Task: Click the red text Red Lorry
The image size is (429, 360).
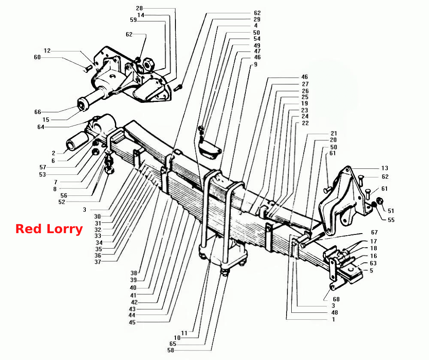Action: (49, 229)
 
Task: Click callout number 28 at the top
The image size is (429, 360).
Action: (139, 8)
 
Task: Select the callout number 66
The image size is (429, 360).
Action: (38, 112)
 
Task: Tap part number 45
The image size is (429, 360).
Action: (132, 322)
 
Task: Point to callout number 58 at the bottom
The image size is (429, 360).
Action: (171, 350)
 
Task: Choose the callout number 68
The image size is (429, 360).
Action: (336, 299)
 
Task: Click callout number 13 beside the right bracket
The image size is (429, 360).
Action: (385, 168)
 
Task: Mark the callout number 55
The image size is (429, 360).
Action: (391, 220)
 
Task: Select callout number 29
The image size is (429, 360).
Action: (257, 19)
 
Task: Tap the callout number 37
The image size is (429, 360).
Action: (98, 262)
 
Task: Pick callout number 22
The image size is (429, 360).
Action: (305, 123)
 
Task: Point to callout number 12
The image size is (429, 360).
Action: (47, 51)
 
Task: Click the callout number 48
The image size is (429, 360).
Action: (335, 312)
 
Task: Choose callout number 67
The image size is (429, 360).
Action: (374, 232)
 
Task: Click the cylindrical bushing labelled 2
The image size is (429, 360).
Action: (77, 141)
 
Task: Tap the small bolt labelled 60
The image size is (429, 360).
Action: (88, 68)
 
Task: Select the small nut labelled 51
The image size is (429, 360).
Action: (380, 201)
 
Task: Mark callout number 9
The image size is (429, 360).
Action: (256, 64)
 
